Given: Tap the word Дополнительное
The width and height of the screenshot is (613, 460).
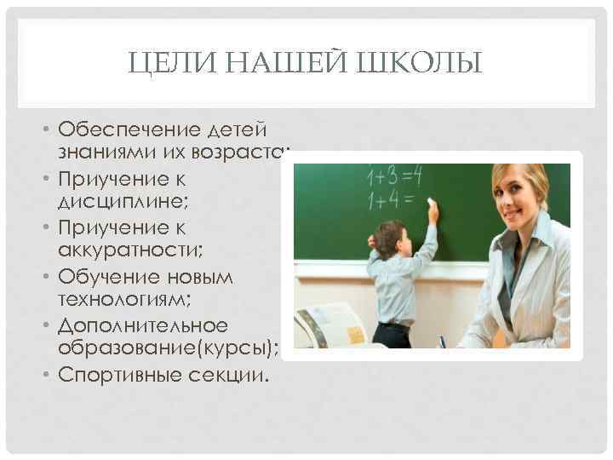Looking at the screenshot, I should pyautogui.click(x=143, y=325).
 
